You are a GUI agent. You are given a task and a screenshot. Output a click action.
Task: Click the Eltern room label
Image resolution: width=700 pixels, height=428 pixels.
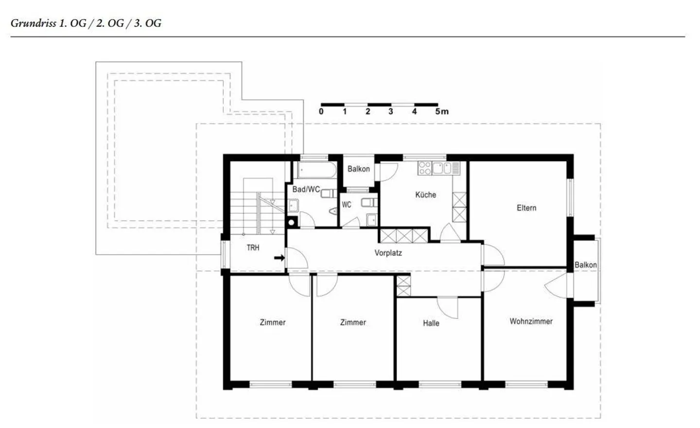(526, 208)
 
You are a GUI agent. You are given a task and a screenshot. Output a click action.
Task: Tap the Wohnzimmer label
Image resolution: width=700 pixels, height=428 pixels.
(531, 321)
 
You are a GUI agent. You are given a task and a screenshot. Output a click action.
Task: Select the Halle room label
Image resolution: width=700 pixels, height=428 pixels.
(431, 323)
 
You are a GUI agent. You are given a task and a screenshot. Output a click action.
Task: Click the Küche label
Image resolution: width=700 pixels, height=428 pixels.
(425, 195)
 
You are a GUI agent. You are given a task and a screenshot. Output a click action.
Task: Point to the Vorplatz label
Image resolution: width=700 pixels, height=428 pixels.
(388, 253)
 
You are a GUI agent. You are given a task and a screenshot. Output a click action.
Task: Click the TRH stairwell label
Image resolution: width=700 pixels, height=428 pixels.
(253, 248)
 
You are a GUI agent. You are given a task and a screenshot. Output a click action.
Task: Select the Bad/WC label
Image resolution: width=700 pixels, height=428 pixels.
(306, 189)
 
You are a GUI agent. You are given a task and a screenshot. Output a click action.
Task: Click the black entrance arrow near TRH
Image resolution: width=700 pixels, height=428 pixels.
(280, 258)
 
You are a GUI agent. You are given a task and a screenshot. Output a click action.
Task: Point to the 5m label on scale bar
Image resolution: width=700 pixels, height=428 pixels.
(441, 111)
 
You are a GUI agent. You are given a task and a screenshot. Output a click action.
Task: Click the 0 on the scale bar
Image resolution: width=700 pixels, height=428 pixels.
(321, 111)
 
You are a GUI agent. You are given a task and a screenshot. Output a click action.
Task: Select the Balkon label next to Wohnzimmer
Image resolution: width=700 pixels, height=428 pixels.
(585, 265)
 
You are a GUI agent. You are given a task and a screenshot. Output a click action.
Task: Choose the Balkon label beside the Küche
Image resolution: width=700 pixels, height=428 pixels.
(358, 169)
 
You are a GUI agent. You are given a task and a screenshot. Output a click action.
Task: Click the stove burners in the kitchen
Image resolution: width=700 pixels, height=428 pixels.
(424, 168)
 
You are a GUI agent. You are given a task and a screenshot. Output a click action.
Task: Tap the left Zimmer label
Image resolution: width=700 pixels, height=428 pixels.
(272, 322)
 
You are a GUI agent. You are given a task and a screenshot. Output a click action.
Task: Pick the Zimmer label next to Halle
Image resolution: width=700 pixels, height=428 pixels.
(353, 322)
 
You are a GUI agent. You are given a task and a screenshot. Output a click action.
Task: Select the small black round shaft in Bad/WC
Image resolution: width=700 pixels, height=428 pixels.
(292, 223)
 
